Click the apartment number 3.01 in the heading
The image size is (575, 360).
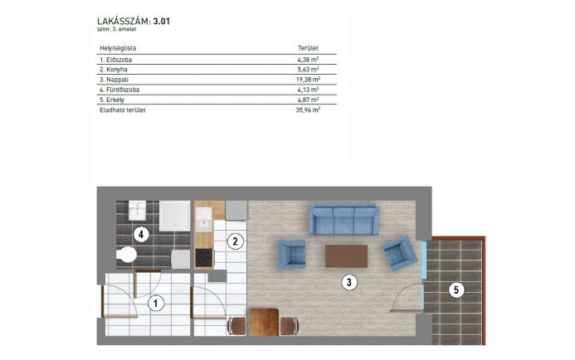point(161,22)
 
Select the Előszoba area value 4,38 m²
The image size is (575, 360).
point(308,59)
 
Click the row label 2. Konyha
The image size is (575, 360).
point(114,70)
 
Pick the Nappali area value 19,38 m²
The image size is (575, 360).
point(308,79)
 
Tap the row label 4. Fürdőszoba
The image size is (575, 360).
point(119,90)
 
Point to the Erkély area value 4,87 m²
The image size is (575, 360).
point(308,100)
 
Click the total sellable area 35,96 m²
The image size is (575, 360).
point(308,109)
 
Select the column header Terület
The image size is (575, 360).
point(308,48)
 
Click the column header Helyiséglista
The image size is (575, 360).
point(118,48)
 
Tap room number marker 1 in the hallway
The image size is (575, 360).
point(156,303)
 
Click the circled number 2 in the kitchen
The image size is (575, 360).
point(235,241)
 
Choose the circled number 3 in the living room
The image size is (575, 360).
point(348,282)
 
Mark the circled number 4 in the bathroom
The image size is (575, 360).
point(141,234)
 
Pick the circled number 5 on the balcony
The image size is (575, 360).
point(456,290)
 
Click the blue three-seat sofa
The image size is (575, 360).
point(344,220)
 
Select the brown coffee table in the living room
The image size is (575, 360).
point(346,256)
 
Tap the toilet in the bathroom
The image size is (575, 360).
point(126,255)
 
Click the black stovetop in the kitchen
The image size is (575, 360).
point(204,258)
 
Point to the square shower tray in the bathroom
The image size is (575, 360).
point(174,216)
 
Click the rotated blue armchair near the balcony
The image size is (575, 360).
point(401,253)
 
